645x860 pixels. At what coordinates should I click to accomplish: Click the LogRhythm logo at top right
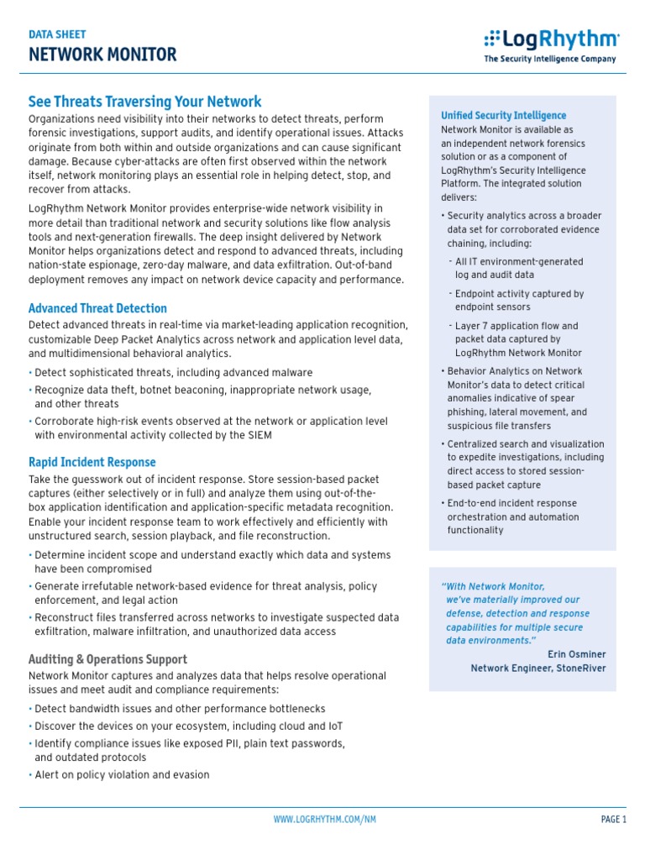pos(551,39)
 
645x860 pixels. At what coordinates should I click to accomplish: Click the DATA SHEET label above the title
pos(57,34)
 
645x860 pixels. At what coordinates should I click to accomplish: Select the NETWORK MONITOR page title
pos(102,55)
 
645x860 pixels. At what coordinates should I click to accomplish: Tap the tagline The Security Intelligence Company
pos(549,60)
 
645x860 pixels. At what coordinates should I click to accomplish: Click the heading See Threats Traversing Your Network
pos(145,102)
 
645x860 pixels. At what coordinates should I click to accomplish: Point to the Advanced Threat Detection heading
pos(97,308)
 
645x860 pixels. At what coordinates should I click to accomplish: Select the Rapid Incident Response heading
pos(92,462)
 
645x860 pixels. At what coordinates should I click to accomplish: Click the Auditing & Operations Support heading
pos(108,659)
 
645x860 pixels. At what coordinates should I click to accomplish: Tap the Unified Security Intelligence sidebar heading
pos(503,115)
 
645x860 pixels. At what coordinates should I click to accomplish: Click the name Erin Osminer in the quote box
pos(576,654)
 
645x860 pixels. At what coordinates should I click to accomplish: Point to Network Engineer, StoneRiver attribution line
pos(537,669)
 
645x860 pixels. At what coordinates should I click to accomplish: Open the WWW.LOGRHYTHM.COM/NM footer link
pos(324,820)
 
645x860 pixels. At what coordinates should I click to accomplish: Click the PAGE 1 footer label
pos(614,820)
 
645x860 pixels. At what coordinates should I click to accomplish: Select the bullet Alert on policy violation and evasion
pos(122,775)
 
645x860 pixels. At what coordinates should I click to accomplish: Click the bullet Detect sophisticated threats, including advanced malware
pos(173,372)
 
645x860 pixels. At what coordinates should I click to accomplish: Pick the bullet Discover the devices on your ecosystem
pos(188,726)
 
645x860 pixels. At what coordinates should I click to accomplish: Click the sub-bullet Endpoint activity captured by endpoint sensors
pos(518,301)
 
